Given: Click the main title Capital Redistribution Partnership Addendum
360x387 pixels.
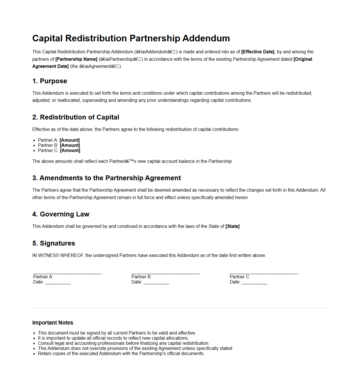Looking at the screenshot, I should [131, 38].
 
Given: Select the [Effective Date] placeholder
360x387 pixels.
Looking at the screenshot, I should [258, 52].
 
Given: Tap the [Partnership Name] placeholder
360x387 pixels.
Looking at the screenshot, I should [76, 59].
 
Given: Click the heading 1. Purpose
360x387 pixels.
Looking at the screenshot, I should [50, 81].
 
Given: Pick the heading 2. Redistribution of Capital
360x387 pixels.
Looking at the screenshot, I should [76, 117].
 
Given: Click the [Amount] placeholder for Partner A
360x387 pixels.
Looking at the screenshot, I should [70, 140].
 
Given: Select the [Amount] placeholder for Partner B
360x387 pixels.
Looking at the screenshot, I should [70, 145].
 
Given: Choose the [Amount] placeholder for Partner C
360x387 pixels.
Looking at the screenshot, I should [70, 150].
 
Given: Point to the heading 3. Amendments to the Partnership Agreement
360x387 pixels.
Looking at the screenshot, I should [107, 178].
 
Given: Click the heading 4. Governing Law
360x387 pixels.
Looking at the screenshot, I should [61, 214].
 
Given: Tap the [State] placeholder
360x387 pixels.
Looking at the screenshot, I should [233, 226].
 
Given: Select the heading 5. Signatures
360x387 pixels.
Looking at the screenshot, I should [54, 243].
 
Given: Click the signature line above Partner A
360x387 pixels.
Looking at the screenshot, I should [67, 273].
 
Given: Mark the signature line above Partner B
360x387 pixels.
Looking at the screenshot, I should [166, 273].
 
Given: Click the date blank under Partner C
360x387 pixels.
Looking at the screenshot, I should [255, 283].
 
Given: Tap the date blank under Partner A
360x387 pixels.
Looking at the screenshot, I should [58, 283].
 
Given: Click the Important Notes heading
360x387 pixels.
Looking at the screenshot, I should [53, 323].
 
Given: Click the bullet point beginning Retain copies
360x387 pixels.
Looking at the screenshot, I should [121, 353].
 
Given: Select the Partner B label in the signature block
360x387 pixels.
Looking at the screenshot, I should [141, 277].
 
